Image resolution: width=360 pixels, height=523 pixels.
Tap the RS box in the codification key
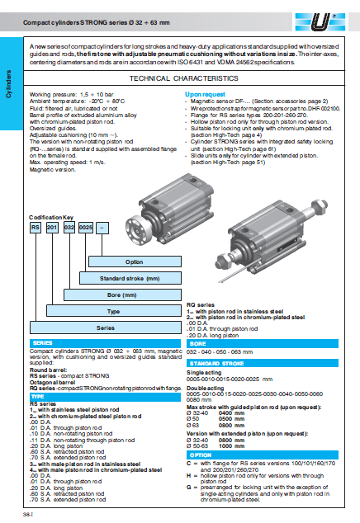point(36,226)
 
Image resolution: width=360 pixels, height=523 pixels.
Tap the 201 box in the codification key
point(51,226)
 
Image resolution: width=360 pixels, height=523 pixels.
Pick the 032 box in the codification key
point(69,226)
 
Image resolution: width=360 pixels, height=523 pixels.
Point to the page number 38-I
point(27,513)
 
